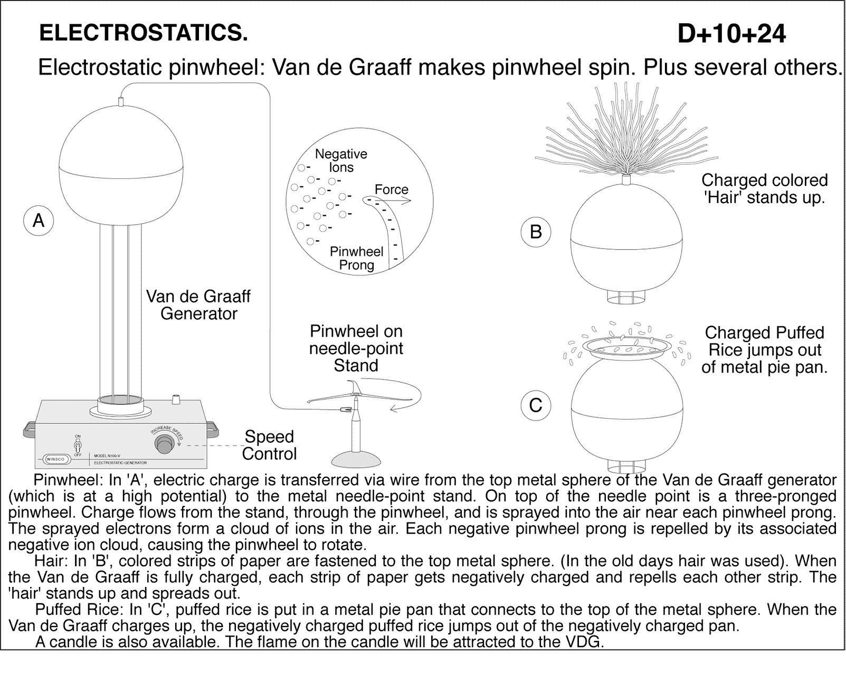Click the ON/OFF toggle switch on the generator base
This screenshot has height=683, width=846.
(x=78, y=444)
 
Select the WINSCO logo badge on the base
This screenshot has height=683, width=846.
(x=55, y=459)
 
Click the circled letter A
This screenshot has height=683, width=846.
(x=39, y=220)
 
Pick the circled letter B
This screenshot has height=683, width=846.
(x=536, y=232)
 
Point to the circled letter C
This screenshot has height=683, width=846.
(x=536, y=405)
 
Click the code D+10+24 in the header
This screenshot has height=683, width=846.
(x=731, y=34)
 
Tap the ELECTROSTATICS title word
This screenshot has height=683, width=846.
(x=144, y=33)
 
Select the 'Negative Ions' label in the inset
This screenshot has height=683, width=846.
(x=341, y=160)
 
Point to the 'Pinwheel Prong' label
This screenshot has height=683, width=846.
(x=357, y=258)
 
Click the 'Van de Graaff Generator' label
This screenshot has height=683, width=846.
(x=198, y=305)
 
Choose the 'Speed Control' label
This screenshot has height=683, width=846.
(x=269, y=445)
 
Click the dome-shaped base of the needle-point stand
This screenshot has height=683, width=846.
(x=355, y=458)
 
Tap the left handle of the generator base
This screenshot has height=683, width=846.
(x=30, y=428)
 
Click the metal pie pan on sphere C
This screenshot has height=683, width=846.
(x=626, y=347)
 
